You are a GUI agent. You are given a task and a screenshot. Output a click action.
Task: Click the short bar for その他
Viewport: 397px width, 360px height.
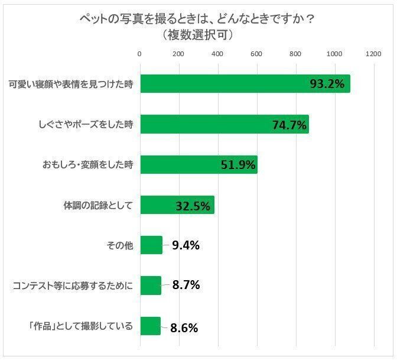pos(151,245)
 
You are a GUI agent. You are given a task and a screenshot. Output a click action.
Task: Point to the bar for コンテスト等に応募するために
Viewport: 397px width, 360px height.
pos(150,286)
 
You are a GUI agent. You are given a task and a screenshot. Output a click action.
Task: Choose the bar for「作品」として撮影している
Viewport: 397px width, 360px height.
pos(150,326)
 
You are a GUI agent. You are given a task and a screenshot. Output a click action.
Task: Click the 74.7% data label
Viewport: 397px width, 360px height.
pos(289,125)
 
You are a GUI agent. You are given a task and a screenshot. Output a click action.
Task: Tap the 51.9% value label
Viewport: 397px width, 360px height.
pos(238,165)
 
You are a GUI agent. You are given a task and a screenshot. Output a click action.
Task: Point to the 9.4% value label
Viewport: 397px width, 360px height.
pos(186,245)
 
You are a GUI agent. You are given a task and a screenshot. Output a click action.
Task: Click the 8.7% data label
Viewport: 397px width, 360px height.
pos(186,285)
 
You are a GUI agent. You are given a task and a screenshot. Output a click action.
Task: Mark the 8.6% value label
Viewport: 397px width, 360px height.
pos(183,326)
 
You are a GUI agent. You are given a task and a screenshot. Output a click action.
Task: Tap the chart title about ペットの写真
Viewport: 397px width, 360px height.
pos(198,19)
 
